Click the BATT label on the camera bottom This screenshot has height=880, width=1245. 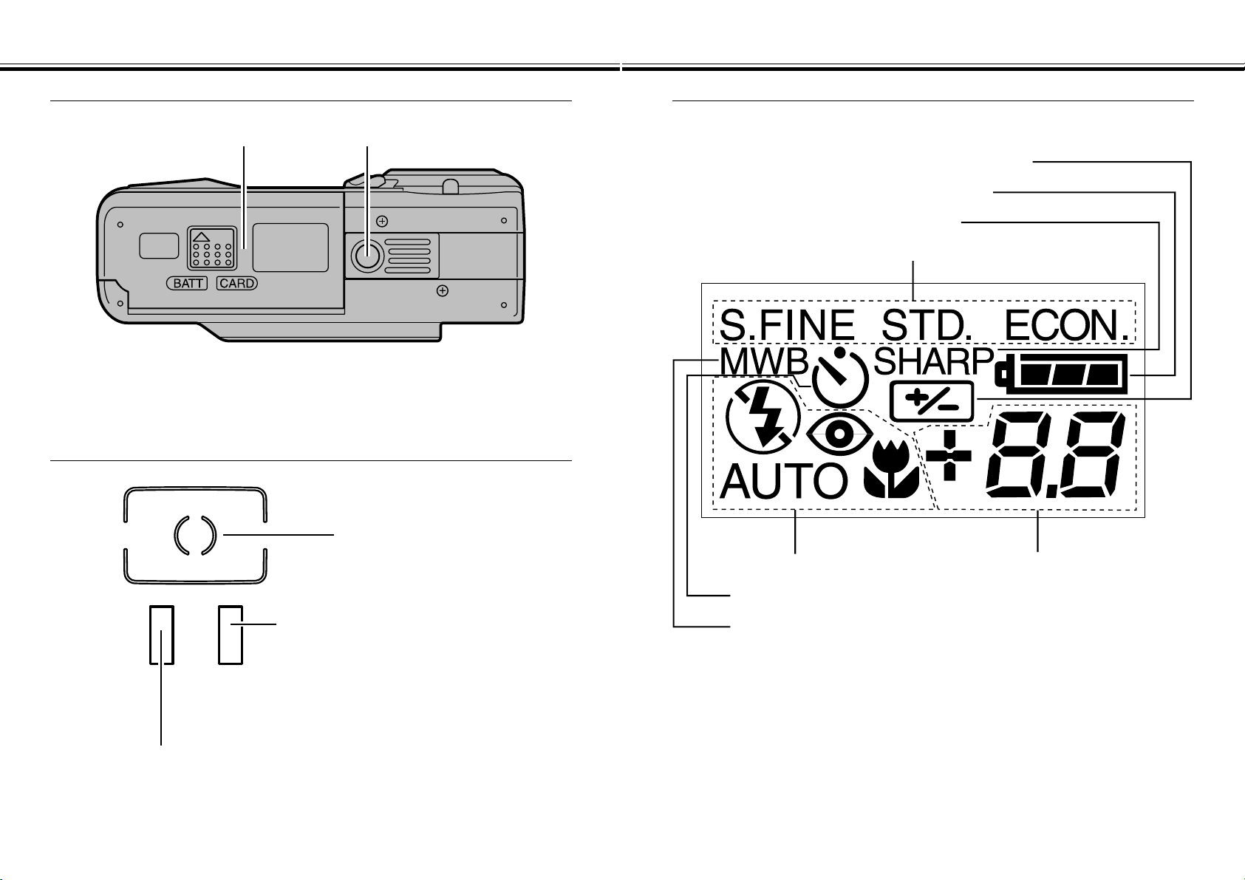pos(187,284)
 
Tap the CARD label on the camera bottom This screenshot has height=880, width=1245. pos(237,284)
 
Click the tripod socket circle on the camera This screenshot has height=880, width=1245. pos(367,256)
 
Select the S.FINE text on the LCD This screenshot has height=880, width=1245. pos(787,326)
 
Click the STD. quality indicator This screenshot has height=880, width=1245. pos(927,326)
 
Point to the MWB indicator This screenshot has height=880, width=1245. pos(764,363)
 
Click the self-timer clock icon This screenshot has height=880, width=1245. pos(840,378)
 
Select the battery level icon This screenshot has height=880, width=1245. pos(1062,374)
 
